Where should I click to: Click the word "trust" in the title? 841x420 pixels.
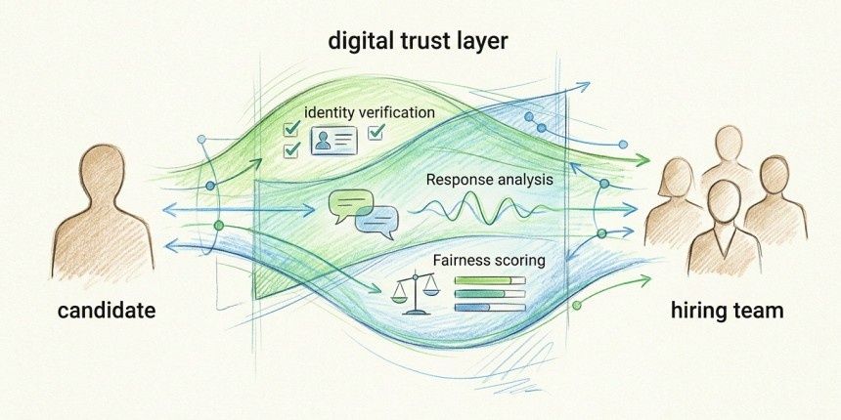point(420,42)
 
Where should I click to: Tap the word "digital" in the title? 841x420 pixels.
point(360,42)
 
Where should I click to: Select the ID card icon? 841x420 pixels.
point(333,141)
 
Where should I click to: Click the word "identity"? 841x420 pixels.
point(332,112)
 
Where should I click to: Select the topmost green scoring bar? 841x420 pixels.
point(490,280)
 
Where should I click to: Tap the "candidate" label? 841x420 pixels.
point(107,312)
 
